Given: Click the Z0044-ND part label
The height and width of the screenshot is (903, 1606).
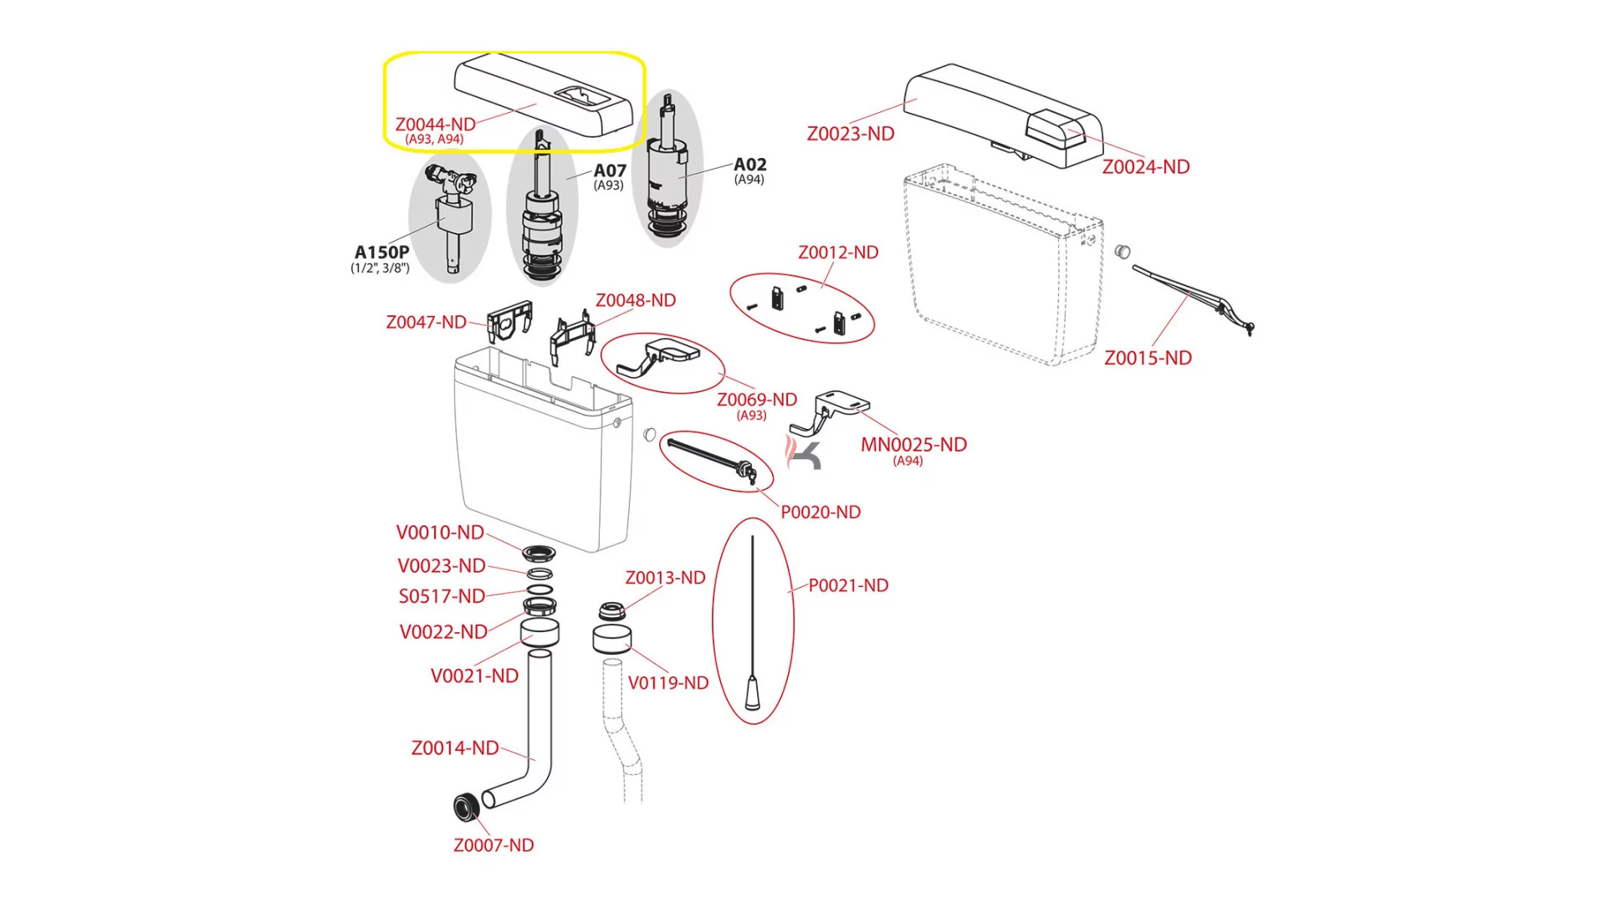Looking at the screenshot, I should pos(435,125).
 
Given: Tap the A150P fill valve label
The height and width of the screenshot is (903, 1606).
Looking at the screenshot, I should pos(381,253).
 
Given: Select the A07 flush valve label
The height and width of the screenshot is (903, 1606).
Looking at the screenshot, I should pos(610,171).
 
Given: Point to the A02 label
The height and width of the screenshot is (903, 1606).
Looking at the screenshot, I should pos(749,165).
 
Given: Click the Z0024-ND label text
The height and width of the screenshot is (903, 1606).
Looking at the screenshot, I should pos(1145,166).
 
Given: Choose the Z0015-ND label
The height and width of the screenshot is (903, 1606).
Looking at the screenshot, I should pos(1148,358).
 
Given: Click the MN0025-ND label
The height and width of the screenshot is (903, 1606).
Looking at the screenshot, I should pos(913,445).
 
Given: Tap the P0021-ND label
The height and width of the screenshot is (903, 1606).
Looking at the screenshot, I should pos(848,585).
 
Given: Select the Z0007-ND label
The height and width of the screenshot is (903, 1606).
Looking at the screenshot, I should pos(494,845).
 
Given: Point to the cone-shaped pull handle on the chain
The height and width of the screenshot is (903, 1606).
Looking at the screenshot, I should pos(752,693).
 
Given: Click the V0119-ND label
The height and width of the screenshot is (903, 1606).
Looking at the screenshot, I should pos(668,683).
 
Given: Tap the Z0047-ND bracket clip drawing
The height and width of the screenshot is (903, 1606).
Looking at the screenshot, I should pos(509,320).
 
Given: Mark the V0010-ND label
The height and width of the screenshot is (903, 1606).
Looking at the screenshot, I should pos(440,533).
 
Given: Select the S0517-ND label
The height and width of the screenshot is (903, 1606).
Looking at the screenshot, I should pos(442,596).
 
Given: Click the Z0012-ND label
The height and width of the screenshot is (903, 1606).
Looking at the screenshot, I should pos(838,253).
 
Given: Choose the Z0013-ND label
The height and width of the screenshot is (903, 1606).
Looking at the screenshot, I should pos(665,578).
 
